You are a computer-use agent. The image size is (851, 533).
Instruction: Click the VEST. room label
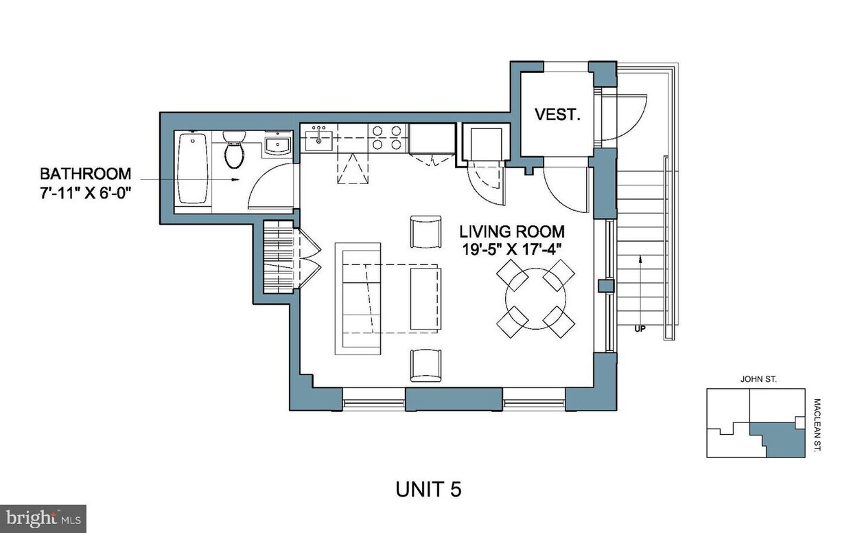tap(557, 115)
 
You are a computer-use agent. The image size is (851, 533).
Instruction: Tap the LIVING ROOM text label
tap(512, 231)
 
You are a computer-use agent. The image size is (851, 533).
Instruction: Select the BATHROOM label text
tap(85, 173)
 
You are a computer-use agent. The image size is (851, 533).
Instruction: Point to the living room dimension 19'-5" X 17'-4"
tap(512, 249)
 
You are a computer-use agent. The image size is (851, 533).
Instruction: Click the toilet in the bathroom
tap(234, 150)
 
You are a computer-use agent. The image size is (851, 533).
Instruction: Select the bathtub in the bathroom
tap(193, 168)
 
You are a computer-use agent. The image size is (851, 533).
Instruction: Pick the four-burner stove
tap(388, 137)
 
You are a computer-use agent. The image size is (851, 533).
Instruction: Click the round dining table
tap(535, 299)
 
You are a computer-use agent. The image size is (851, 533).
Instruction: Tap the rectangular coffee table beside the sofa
tap(425, 298)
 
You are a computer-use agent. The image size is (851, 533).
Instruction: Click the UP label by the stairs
tap(640, 328)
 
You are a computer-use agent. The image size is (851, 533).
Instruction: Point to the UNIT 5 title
tap(428, 489)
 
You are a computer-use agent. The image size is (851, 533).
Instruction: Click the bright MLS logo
tap(43, 516)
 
